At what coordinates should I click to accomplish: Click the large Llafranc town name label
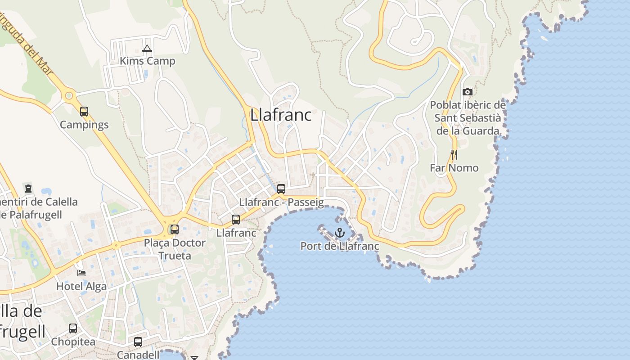(281, 115)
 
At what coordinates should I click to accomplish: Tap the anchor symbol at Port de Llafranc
(340, 233)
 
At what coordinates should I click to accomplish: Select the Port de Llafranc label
(340, 246)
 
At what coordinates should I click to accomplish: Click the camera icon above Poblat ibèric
(468, 92)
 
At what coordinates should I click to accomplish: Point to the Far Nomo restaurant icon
(454, 155)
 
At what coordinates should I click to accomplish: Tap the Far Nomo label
(454, 168)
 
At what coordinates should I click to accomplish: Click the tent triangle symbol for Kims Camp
(147, 49)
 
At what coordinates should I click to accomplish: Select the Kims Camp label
(147, 61)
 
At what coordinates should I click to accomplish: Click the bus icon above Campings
(84, 112)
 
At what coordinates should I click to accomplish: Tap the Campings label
(84, 125)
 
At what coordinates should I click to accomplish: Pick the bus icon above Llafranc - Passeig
(281, 189)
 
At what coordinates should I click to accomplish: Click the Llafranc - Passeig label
(281, 202)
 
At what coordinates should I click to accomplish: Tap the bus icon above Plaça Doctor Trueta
(175, 229)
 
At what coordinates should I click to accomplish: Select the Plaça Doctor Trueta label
(175, 249)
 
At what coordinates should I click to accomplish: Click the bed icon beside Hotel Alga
(81, 273)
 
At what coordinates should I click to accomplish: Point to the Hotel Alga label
(81, 286)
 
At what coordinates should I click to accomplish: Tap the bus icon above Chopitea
(73, 328)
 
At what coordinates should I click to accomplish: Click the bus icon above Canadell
(138, 342)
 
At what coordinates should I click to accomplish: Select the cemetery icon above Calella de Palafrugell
(28, 188)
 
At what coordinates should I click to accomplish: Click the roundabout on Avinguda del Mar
(69, 95)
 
